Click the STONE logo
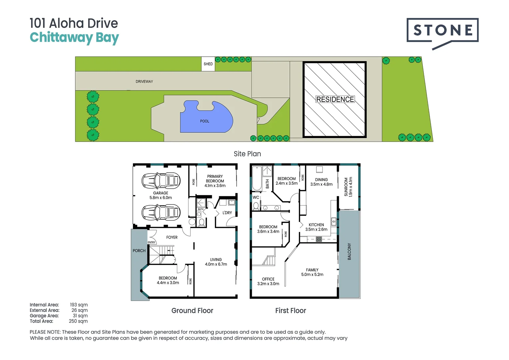tap(442, 31)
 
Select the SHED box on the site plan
tap(208, 64)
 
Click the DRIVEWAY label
tap(144, 81)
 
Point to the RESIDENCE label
tap(335, 99)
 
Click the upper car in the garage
tap(161, 181)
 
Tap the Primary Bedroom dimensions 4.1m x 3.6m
tap(215, 186)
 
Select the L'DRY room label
tap(227, 213)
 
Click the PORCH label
tap(139, 251)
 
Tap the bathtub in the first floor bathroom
tap(256, 178)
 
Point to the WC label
tap(256, 197)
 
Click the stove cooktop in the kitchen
tap(319, 239)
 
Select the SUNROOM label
tap(346, 187)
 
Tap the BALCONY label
tap(349, 251)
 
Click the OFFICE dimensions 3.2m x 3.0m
tap(268, 284)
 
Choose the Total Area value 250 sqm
tap(78, 321)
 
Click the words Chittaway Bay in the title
tap(74, 38)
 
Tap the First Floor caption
tap(290, 311)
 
